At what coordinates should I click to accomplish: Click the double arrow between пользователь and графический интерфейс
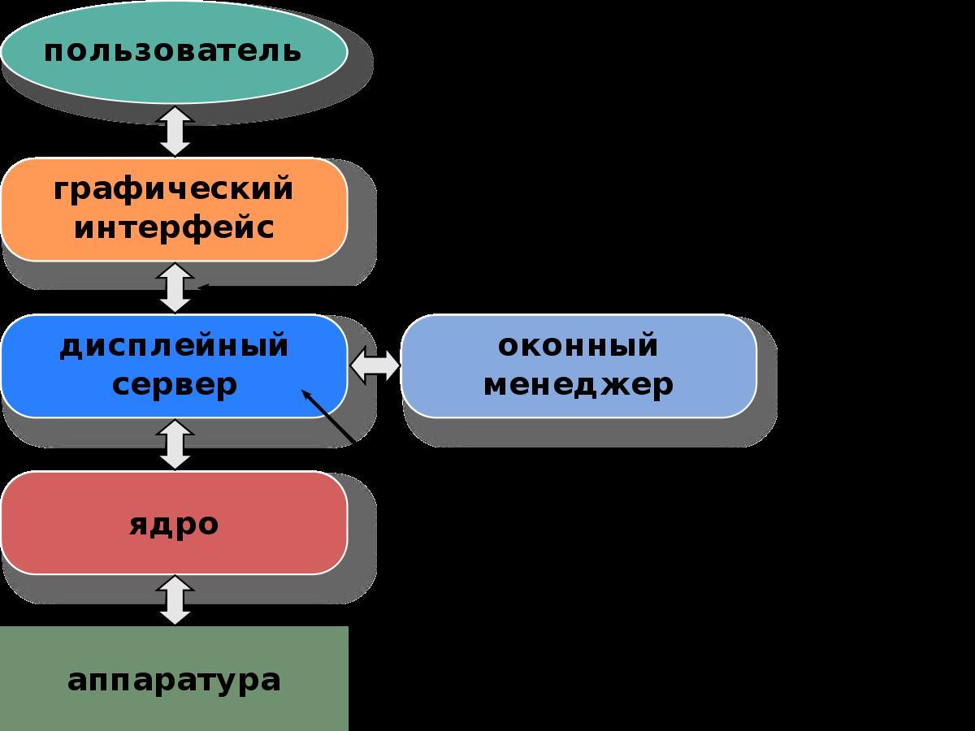(x=175, y=131)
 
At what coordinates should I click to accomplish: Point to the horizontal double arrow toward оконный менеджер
(x=375, y=367)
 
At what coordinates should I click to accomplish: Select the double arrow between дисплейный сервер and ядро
(x=175, y=444)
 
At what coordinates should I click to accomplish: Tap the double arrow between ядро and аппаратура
(x=175, y=600)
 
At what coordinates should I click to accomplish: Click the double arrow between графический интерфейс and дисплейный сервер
(x=175, y=288)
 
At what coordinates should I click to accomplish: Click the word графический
(x=174, y=189)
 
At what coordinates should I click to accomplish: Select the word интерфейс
(x=174, y=228)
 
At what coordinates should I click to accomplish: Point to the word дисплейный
(x=174, y=345)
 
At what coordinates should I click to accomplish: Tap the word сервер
(x=174, y=384)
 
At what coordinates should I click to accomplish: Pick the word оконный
(x=578, y=345)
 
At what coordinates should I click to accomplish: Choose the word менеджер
(x=578, y=384)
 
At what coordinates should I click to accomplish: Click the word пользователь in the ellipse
(x=173, y=51)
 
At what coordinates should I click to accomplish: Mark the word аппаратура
(x=174, y=680)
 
